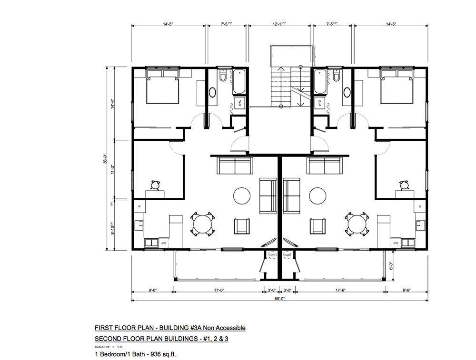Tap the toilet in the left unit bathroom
pyautogui.click(x=222, y=77)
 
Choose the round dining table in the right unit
pyautogui.click(x=357, y=224)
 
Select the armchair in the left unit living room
pyautogui.click(x=242, y=224)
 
